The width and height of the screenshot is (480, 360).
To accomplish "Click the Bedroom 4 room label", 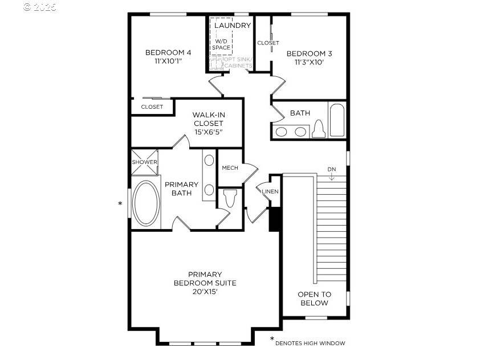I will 168,52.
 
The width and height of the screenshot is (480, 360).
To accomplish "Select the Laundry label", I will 232,26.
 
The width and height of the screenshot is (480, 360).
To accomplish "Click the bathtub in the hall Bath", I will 336,120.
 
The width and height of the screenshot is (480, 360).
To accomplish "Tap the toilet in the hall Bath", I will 318,129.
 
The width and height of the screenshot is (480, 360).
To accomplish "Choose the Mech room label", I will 230,167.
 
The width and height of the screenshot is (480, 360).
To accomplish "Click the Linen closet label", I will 270,191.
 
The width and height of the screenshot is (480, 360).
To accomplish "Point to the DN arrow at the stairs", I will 332,173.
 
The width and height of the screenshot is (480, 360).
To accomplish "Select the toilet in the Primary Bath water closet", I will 230,199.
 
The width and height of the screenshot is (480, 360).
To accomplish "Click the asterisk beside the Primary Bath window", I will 120,203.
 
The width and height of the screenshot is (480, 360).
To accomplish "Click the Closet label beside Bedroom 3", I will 268,43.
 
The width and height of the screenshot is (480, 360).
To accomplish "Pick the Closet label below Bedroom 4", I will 152,107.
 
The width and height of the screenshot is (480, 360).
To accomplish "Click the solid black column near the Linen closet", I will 274,219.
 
